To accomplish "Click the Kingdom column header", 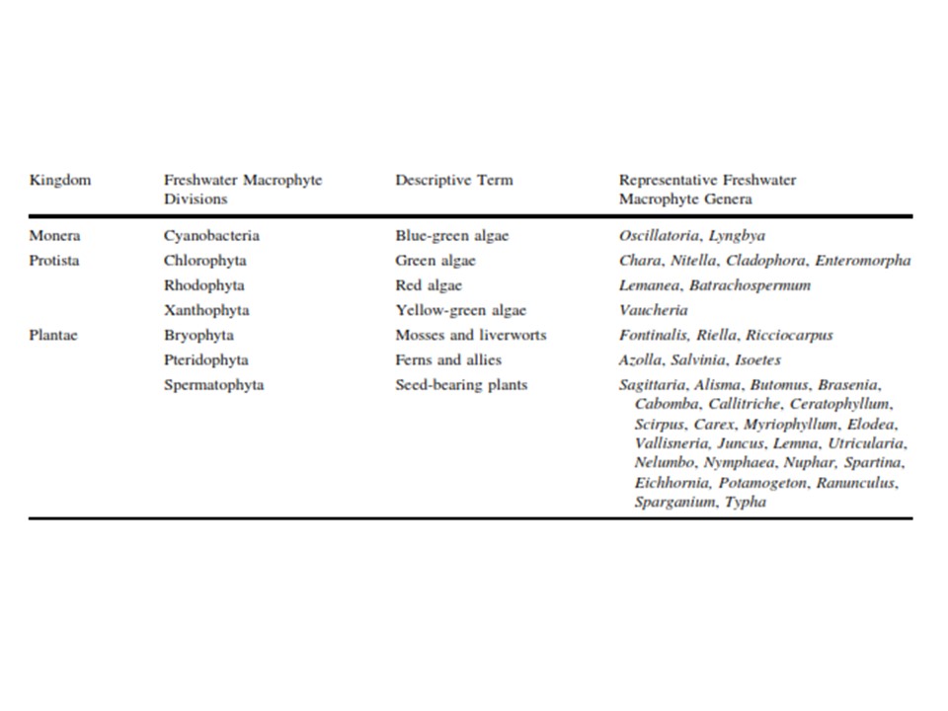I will (60, 181).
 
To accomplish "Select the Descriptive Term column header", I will (454, 181).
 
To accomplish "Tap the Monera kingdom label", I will (55, 236).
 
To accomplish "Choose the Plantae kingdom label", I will (54, 335).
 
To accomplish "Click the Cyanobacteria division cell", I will (211, 236).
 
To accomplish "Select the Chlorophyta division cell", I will (205, 261).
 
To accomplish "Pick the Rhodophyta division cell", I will (204, 285).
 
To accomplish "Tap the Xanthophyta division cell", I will (206, 310).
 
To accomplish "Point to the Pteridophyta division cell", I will (206, 359).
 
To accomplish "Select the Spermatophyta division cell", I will (213, 384).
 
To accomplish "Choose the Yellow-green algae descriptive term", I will (461, 310).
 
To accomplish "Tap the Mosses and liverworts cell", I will (471, 335).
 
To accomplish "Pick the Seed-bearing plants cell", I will (461, 384).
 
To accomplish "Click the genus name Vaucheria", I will (654, 310).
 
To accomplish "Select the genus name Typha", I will (746, 502).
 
